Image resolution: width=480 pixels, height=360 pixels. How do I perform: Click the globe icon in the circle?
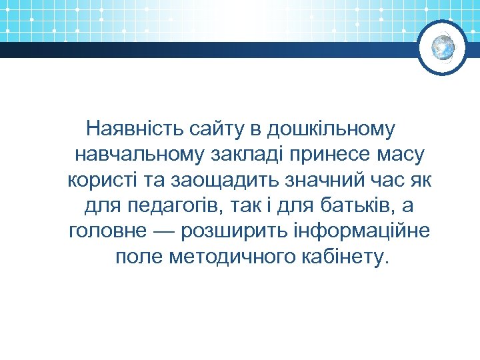pyautogui.click(x=443, y=48)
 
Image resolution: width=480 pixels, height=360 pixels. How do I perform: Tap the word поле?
pyautogui.click(x=139, y=258)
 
